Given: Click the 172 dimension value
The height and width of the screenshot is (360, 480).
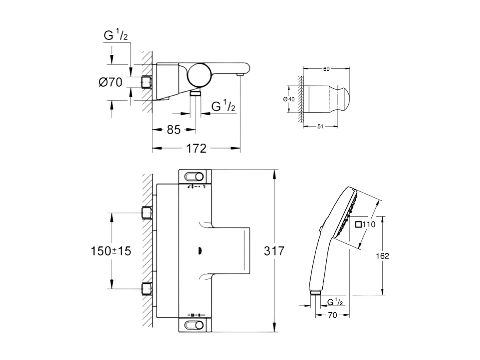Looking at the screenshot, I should pos(197,149).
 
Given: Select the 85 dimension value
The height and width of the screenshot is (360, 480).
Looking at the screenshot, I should pos(174,129).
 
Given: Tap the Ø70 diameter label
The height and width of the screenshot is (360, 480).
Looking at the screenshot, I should pos(110,83).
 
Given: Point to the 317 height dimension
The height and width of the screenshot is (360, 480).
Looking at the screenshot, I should pos(274,251).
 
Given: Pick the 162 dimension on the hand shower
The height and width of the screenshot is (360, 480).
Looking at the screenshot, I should pos(382,256).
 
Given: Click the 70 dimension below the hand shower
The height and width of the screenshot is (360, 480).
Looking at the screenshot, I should pos(332,315).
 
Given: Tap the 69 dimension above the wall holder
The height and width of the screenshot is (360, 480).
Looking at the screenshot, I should pos(326,69).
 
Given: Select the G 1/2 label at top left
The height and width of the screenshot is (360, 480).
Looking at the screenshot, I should pos(115,36).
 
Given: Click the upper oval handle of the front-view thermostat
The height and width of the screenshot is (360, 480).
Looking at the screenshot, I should pos(194,176).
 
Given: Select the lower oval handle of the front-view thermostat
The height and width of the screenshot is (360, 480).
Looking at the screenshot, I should pos(194,324).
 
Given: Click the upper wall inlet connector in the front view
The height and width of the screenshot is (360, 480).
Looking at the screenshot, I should pos(147,213).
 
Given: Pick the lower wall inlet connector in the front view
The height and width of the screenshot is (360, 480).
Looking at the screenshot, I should pos(147,288).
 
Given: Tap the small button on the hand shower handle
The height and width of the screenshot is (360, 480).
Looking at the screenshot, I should pos(320,229).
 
